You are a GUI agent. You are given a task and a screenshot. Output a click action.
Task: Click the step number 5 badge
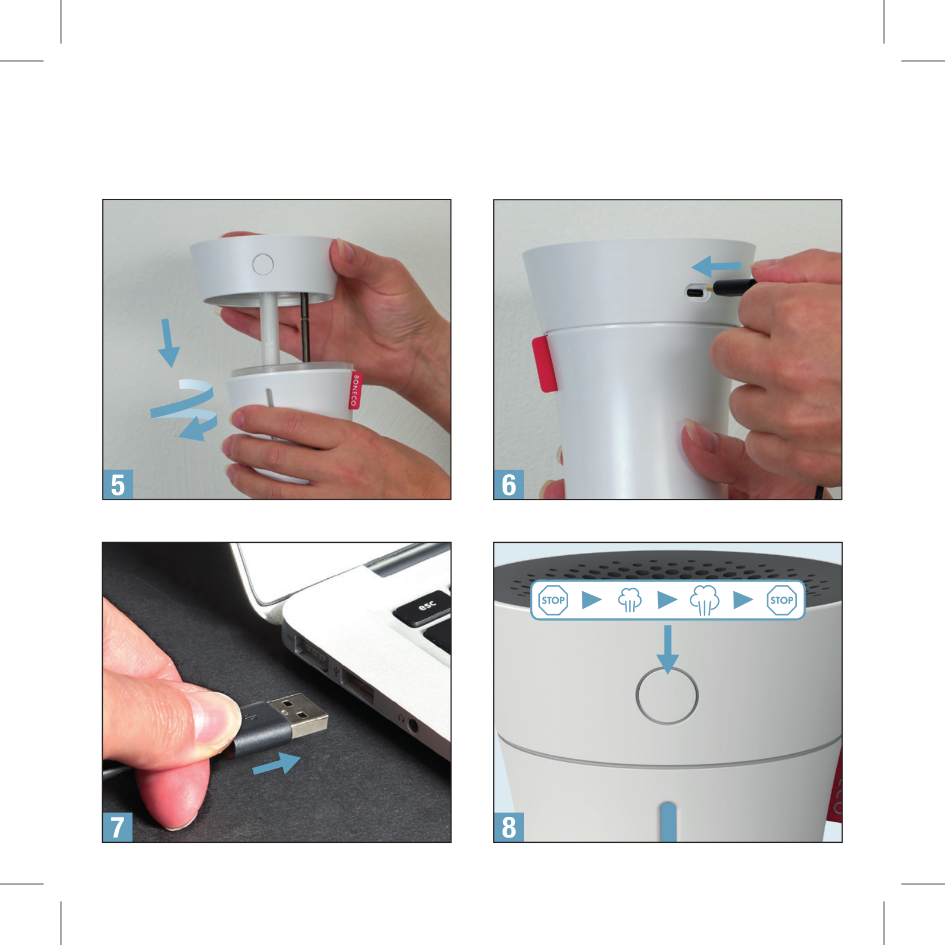[x=118, y=485]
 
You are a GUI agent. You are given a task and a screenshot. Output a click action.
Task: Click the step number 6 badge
[x=509, y=485]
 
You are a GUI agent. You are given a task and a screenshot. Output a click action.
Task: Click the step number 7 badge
[x=118, y=827]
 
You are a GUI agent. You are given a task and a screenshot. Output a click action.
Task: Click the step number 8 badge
[x=509, y=827]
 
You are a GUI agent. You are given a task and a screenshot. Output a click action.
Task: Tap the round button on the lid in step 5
[x=263, y=264]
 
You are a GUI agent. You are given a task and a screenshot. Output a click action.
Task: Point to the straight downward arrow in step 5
[x=168, y=343]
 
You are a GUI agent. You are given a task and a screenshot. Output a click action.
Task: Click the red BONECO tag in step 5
[x=354, y=390]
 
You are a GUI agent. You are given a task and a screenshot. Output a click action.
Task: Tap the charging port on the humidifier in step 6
[x=696, y=292]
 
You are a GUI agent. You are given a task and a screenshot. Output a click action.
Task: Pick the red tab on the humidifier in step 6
[x=544, y=364]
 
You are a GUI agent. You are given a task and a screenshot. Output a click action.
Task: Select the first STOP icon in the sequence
[x=553, y=600]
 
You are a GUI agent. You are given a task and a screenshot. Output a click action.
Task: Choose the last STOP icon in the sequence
[x=781, y=600]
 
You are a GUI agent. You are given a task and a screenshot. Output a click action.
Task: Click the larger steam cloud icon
[x=705, y=600]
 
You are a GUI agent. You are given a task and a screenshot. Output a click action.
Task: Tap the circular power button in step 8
[x=667, y=696]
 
